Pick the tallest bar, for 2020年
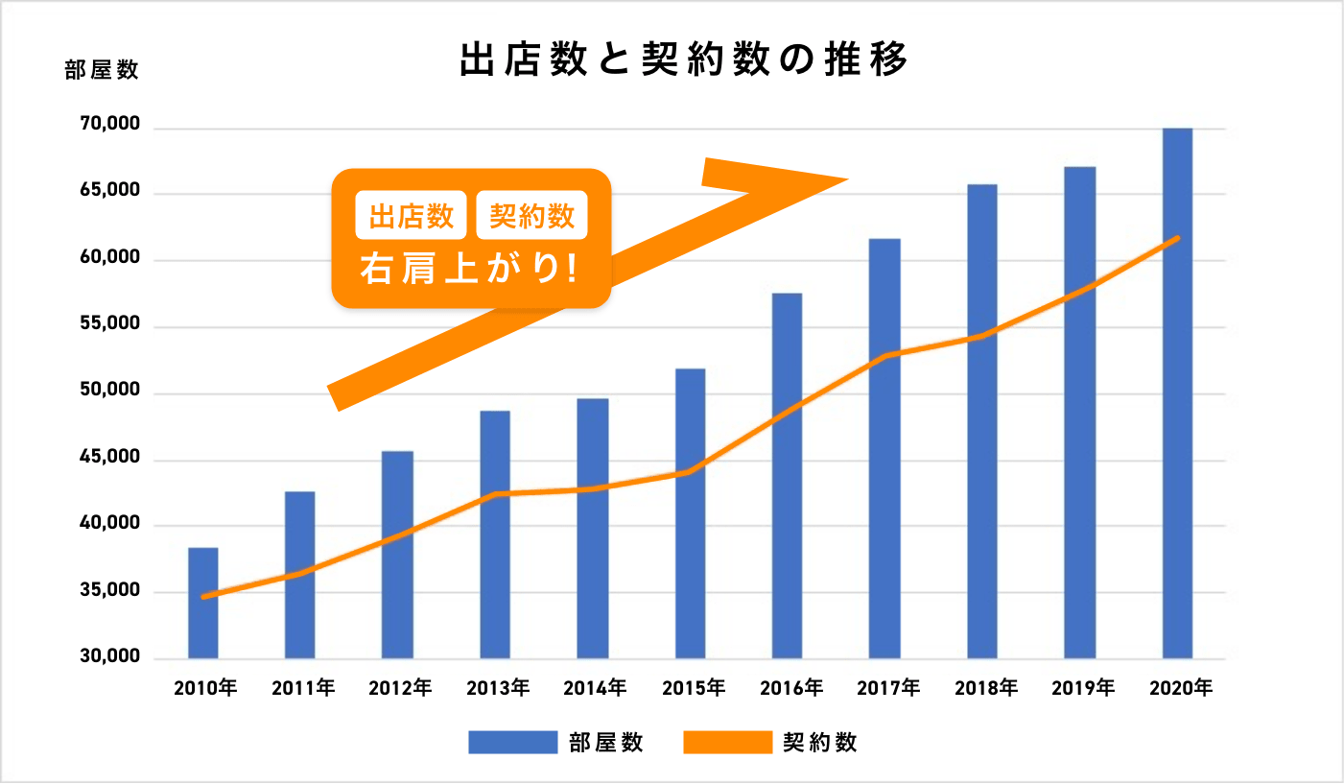[x=1177, y=393]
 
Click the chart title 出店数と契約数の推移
[x=683, y=59]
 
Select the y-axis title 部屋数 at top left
[x=102, y=70]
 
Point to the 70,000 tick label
[x=105, y=126]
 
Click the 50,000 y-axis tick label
[x=105, y=392]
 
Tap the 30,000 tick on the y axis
[x=105, y=657]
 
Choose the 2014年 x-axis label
[x=595, y=688]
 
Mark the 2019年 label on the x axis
[x=1082, y=688]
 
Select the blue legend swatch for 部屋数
[x=512, y=742]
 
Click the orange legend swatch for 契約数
[x=727, y=742]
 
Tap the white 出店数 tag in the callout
[x=412, y=216]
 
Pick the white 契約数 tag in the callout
[x=531, y=216]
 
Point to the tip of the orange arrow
[x=846, y=179]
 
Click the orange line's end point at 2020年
[x=1177, y=238]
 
